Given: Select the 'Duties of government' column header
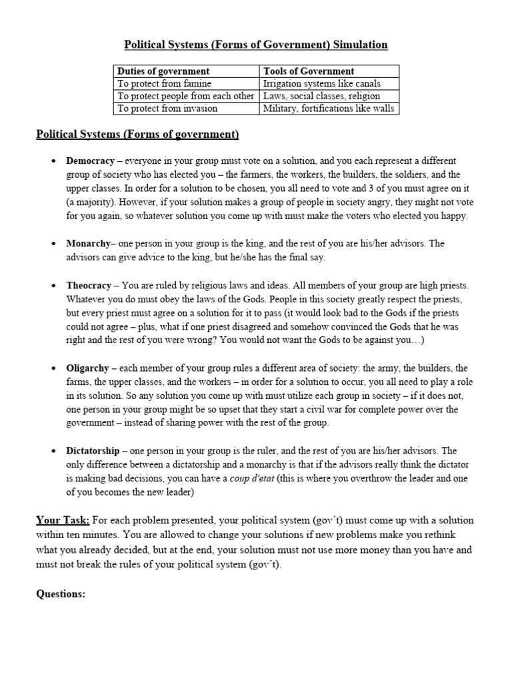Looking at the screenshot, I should (x=163, y=71).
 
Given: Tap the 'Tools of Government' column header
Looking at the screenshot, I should (x=309, y=71).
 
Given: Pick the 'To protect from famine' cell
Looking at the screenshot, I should (x=165, y=83).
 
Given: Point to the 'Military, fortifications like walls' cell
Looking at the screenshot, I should (x=329, y=108).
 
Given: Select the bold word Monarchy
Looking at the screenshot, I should (x=88, y=244).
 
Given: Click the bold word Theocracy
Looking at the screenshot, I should (x=89, y=285).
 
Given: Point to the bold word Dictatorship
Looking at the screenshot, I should (x=93, y=451).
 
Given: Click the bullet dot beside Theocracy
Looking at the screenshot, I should (x=53, y=286).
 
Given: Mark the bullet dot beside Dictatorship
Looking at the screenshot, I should (x=53, y=452).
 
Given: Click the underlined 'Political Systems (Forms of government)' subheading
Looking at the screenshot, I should (x=137, y=135).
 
